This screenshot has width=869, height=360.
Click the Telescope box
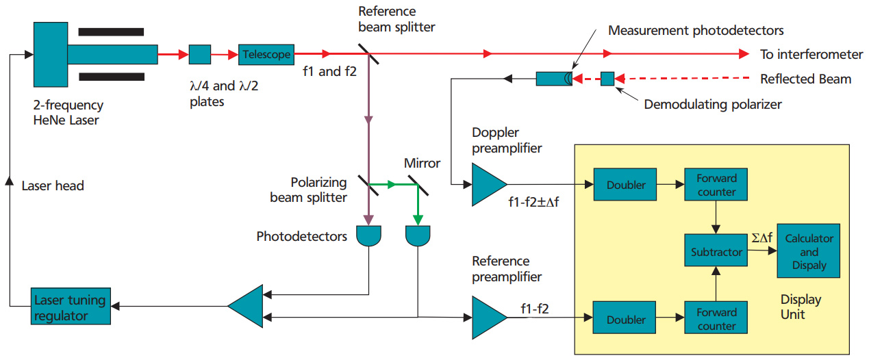(x=266, y=54)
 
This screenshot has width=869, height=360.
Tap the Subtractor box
(x=715, y=251)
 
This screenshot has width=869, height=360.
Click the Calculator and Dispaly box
(x=809, y=251)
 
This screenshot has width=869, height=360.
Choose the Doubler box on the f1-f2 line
(x=625, y=318)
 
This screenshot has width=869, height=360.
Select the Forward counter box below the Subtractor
(x=715, y=318)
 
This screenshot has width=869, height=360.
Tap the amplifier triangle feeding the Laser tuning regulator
(x=244, y=306)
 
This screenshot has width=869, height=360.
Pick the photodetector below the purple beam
(x=369, y=236)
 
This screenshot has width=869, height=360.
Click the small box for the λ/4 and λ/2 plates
(x=199, y=54)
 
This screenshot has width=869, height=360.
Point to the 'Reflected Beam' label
(x=805, y=79)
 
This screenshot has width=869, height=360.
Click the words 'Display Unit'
(x=801, y=307)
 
